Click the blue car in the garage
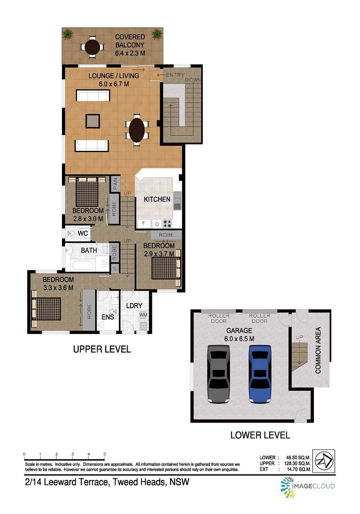point(260,374)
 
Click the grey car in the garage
point(220,374)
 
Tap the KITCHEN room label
point(157,199)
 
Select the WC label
point(83,234)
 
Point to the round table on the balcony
point(92,47)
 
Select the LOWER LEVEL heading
point(260,435)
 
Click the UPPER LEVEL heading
point(101,349)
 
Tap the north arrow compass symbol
point(324,461)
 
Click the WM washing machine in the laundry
point(143,315)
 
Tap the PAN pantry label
point(115,184)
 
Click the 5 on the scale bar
point(104,455)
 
